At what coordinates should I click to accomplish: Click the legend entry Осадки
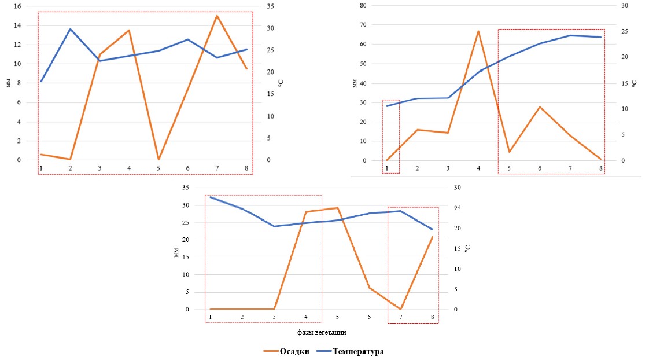294,351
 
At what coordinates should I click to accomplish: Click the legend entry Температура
357,351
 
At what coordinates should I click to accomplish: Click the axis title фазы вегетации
322,332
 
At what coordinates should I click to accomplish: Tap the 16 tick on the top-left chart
17,6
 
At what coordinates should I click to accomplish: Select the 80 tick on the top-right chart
363,5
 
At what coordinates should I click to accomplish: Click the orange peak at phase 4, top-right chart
478,31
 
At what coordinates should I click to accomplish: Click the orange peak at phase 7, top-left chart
217,16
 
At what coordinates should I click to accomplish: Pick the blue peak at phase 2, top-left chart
70,29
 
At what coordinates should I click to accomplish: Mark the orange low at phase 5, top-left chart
158,159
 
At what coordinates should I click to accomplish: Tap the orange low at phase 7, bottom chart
400,309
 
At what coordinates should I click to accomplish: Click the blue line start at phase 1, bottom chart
211,197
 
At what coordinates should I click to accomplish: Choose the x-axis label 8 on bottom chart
432,317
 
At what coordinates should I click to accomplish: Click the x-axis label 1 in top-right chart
387,168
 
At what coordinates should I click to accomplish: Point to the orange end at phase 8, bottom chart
432,237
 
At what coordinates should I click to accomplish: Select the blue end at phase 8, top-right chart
601,37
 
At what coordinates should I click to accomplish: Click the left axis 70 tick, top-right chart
363,25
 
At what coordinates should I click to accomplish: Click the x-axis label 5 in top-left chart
158,168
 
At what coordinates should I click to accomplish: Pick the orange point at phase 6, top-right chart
540,107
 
